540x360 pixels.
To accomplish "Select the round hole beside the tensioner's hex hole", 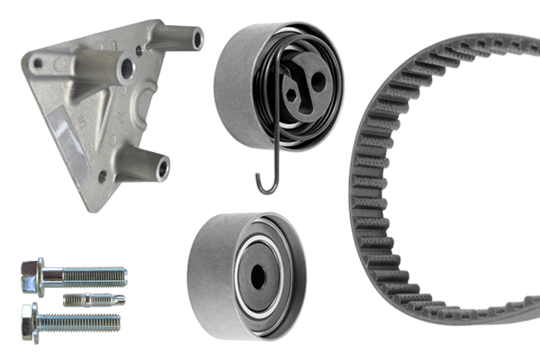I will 316,81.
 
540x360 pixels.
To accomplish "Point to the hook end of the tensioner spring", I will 264,185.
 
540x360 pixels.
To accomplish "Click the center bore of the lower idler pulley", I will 259,277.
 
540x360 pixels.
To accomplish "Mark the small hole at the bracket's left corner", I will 40,62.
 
